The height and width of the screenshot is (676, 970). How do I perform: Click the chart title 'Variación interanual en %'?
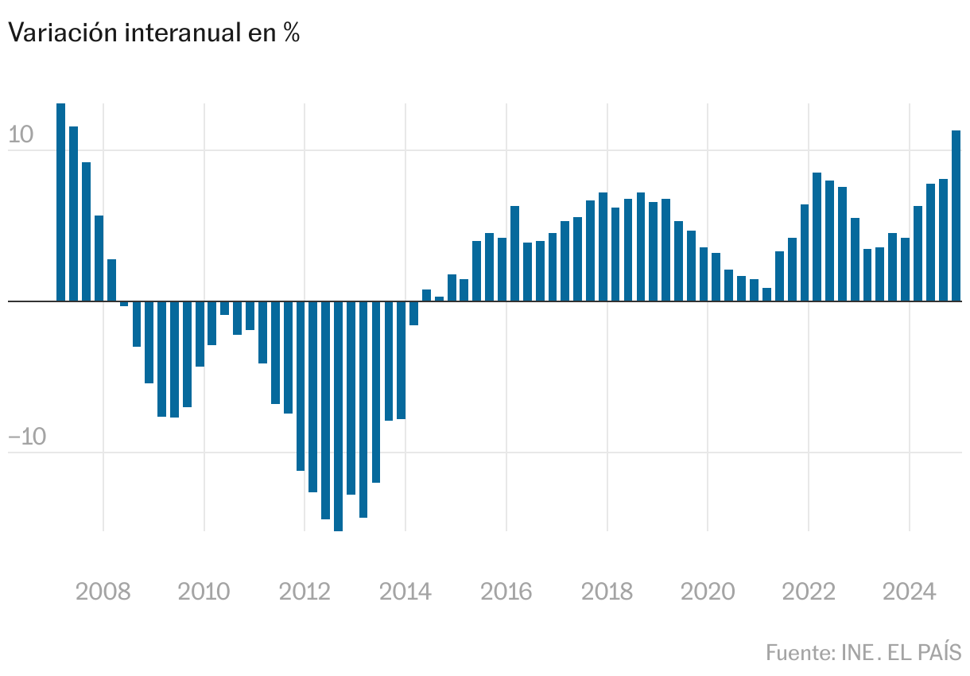[x=153, y=33]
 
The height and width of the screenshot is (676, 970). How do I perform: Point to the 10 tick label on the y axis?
[x=21, y=135]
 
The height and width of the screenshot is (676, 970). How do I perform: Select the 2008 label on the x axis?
[x=103, y=592]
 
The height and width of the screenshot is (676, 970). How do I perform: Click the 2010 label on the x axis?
[x=204, y=592]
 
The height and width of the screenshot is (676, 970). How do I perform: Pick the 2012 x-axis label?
[x=305, y=592]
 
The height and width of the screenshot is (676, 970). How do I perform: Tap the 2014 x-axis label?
[x=405, y=592]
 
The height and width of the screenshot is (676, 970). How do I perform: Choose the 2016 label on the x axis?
[x=506, y=592]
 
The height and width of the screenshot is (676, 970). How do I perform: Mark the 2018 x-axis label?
[x=607, y=592]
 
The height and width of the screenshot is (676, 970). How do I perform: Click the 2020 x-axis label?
[x=708, y=592]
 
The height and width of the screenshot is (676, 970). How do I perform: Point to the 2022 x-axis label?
[x=809, y=592]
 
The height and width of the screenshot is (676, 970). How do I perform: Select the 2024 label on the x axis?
[x=910, y=592]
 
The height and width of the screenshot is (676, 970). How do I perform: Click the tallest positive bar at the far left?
[x=61, y=202]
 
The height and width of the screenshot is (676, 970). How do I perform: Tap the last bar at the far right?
[x=956, y=216]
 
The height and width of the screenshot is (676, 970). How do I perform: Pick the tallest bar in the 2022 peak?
[x=817, y=237]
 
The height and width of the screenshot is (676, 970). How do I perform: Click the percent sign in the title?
[x=291, y=33]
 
